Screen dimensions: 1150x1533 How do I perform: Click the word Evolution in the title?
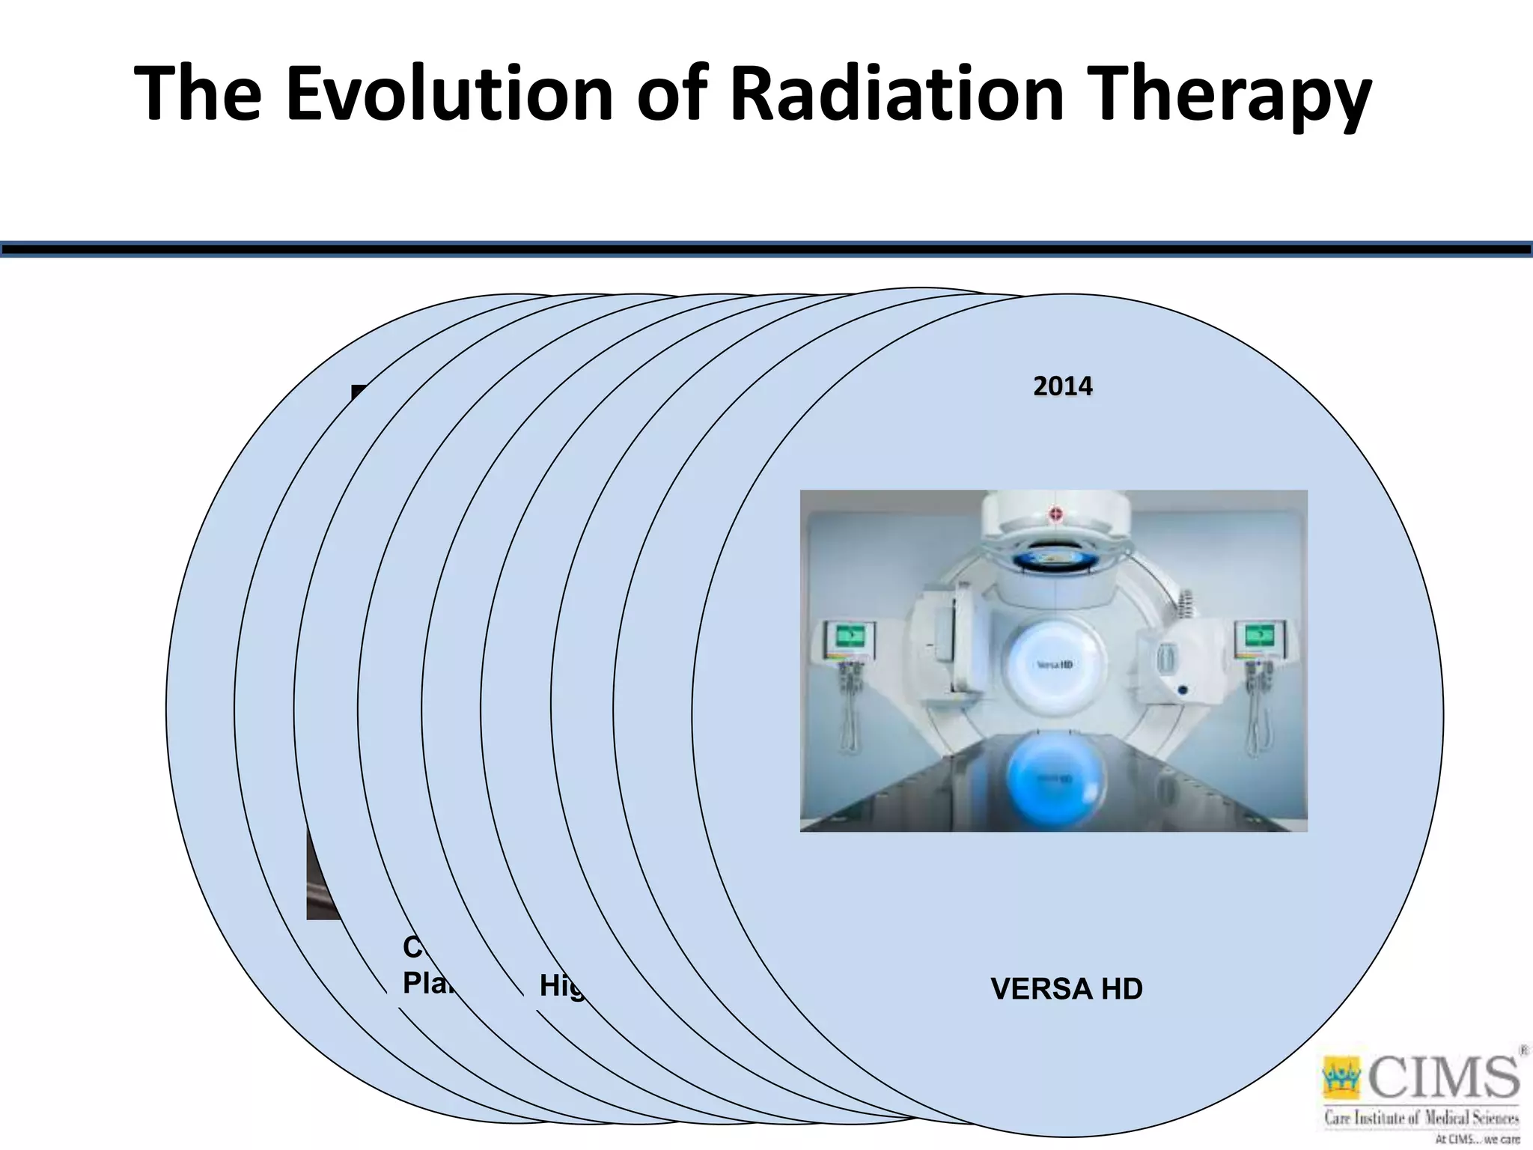(449, 94)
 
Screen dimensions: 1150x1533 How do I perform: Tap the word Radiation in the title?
(896, 94)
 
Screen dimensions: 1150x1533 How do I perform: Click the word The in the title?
(198, 94)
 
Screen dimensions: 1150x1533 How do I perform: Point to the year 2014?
(1062, 386)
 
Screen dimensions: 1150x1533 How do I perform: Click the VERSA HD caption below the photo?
(1066, 989)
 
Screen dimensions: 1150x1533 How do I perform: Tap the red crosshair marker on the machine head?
(1055, 514)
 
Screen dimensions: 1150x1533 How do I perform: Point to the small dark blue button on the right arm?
(1183, 690)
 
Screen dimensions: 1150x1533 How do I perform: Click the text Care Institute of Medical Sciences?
(1421, 1119)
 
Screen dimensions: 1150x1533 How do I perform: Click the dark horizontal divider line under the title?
(766, 249)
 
